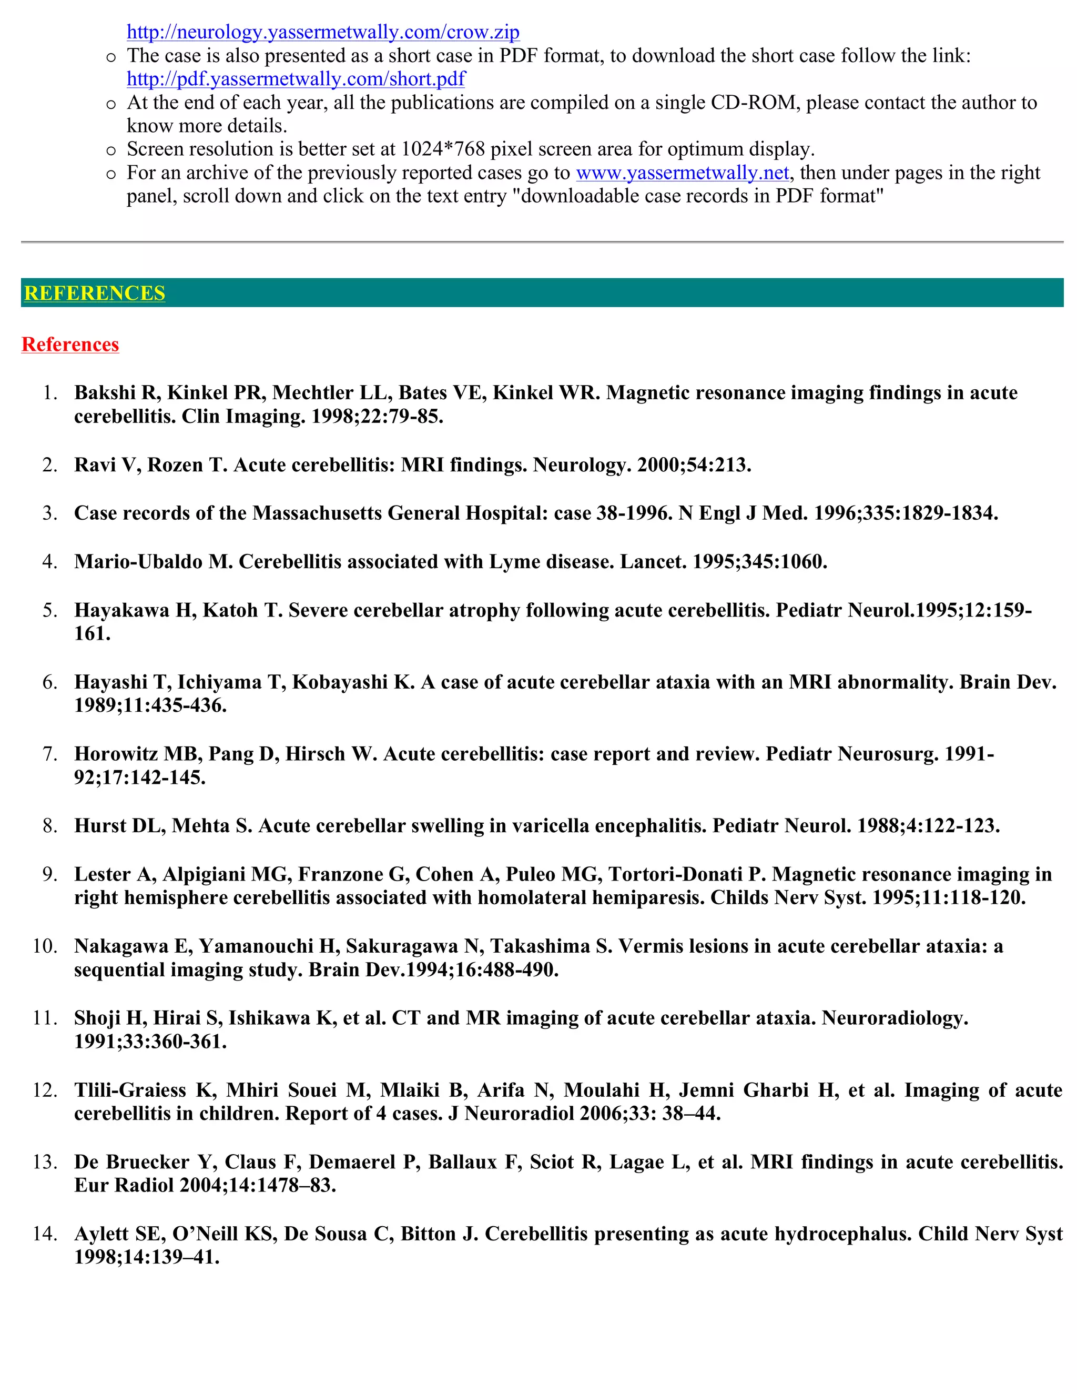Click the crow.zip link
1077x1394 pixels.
(323, 32)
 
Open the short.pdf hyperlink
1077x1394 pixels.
(296, 79)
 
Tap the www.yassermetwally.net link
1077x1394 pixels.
(683, 173)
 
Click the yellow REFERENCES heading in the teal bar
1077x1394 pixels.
(95, 293)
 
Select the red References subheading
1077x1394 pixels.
(70, 345)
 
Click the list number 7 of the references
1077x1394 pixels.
(50, 754)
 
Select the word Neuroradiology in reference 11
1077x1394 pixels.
(895, 1018)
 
